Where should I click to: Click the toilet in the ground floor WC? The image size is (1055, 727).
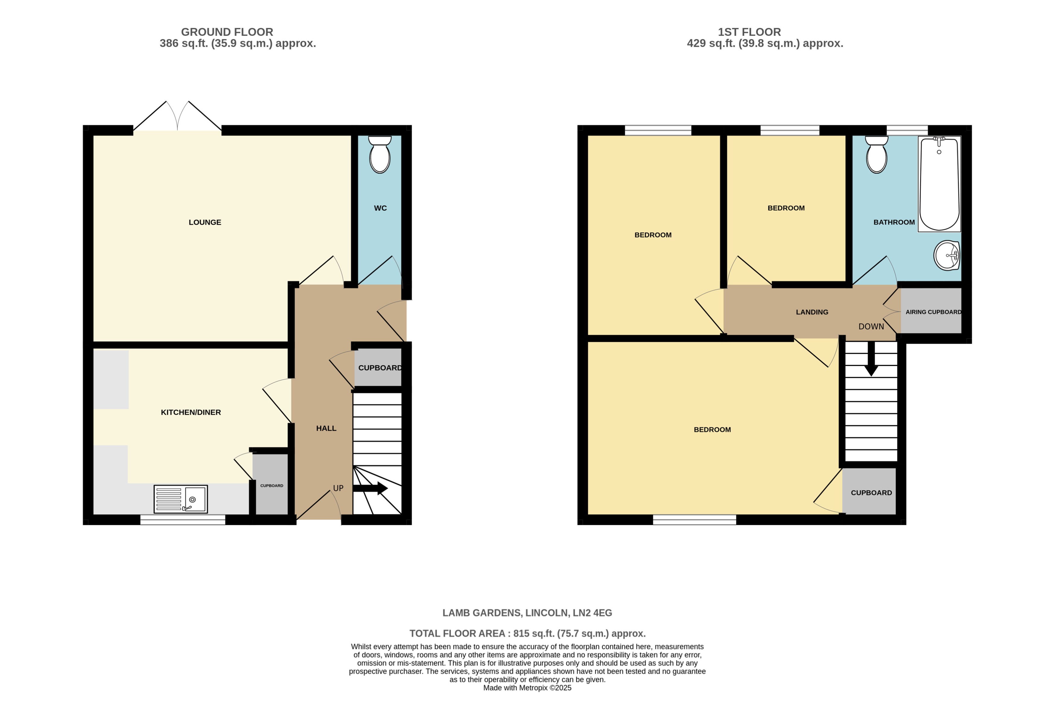(379, 155)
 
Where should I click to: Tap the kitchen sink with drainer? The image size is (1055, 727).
(181, 499)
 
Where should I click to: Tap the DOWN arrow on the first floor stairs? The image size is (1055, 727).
(871, 360)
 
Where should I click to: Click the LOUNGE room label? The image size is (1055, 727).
(205, 222)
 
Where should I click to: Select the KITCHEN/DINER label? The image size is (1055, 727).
(191, 412)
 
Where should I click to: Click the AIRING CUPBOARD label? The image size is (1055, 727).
(933, 312)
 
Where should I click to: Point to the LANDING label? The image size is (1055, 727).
(812, 312)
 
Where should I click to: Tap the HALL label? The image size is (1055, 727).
(326, 428)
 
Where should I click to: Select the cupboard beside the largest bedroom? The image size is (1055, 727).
(871, 493)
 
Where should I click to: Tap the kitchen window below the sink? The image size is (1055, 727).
(183, 520)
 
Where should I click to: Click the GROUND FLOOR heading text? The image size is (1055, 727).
(227, 32)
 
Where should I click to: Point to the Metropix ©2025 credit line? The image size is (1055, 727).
(527, 688)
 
